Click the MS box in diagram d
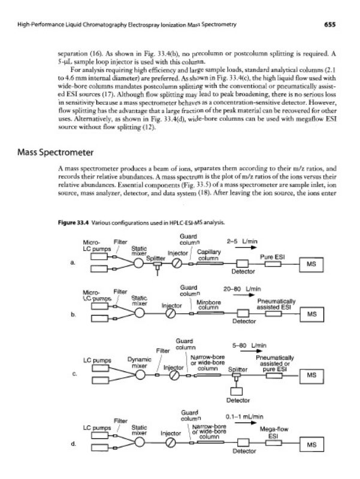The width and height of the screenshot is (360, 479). [x=310, y=445]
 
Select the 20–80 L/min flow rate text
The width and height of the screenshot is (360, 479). [x=245, y=288]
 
